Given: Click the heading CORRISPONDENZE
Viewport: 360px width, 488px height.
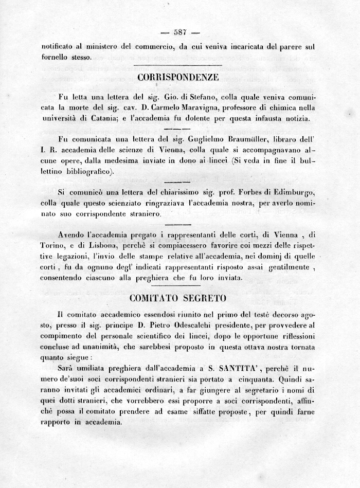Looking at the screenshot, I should point(178,78).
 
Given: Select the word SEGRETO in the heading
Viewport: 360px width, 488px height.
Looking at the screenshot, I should point(206,298).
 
